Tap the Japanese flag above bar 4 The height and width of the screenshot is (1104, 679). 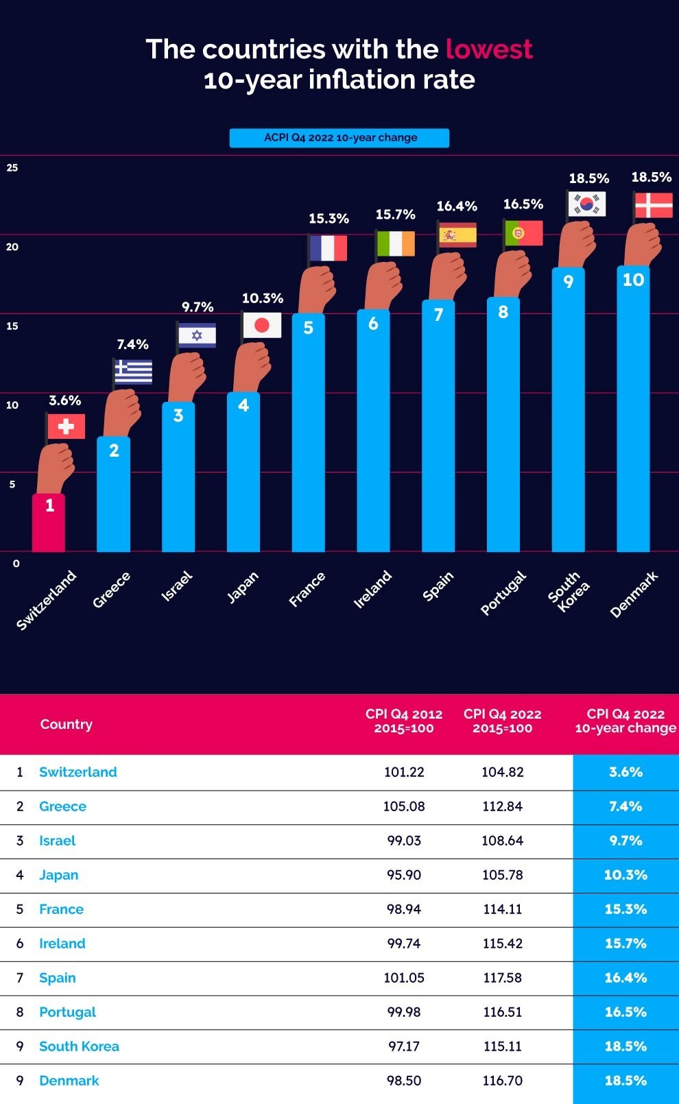pos(262,325)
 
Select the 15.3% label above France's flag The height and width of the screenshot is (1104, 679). pos(329,219)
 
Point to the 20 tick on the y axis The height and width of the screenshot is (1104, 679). pos(12,247)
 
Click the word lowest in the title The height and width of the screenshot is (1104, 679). pos(489,49)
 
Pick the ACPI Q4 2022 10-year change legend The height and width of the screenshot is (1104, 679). pos(339,138)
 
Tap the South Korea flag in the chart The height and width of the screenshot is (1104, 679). pos(587,204)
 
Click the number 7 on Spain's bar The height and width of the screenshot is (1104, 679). pos(438,315)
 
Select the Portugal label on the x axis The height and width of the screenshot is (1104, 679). pos(503,593)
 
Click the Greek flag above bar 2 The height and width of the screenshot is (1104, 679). pos(134,371)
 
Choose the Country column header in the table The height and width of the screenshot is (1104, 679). pos(66,724)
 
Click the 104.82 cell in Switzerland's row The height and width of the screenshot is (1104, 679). pos(502,772)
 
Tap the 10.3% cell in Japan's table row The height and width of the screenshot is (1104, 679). pos(626,875)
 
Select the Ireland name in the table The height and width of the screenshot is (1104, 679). pos(62,944)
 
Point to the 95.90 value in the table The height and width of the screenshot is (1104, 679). pos(404,875)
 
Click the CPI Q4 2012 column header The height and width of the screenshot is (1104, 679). pos(404,721)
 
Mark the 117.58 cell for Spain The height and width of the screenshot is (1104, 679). pos(502,978)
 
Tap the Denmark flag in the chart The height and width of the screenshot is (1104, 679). pos(653,206)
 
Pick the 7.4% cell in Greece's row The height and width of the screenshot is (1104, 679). pos(626,806)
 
